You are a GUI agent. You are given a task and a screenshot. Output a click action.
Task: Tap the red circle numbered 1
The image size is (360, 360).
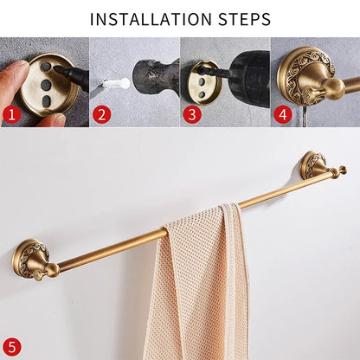10,112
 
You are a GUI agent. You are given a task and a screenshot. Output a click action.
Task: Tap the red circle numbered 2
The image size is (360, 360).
102,112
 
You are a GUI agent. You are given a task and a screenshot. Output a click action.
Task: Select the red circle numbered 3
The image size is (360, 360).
192,112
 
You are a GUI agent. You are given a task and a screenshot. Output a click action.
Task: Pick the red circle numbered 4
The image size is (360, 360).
282,112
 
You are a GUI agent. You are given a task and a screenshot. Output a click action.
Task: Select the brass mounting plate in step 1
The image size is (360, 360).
48,87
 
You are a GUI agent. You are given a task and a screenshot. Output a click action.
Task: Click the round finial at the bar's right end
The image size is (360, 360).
343,170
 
